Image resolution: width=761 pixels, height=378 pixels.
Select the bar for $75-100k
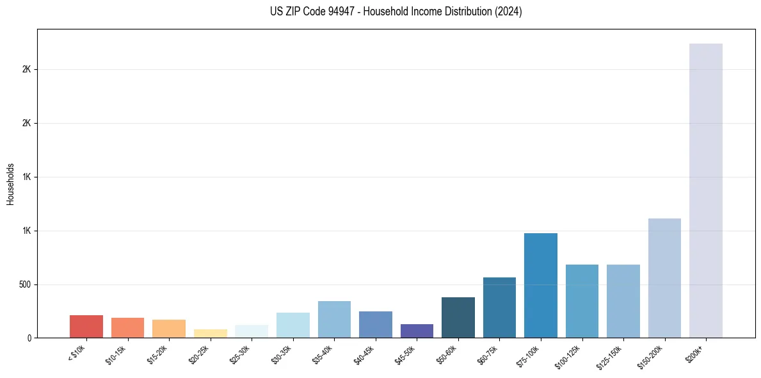tap(540, 285)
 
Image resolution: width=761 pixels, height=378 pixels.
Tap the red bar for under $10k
tap(86, 326)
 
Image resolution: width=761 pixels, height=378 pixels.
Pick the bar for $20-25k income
tap(211, 333)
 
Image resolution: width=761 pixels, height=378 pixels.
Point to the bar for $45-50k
tap(417, 331)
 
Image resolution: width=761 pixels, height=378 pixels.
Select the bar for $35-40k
tap(334, 319)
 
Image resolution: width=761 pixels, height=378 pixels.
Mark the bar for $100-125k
tap(582, 300)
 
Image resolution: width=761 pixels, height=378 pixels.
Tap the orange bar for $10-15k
tap(127, 327)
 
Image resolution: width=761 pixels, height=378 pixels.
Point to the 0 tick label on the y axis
tap(29, 338)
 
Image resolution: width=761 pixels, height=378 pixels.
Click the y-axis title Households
tap(10, 183)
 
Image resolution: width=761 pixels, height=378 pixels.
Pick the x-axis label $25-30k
tap(241, 354)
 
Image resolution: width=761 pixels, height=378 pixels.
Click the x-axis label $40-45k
tap(364, 354)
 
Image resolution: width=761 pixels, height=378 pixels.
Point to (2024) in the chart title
tap(508, 12)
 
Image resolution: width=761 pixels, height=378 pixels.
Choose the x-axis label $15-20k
tap(158, 354)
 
